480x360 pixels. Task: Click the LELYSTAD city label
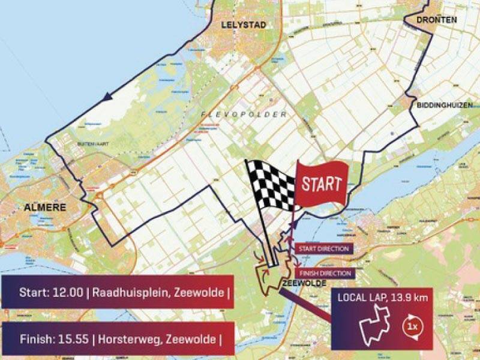(x=243, y=25)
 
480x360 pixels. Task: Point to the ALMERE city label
(x=43, y=208)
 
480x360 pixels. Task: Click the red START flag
(x=321, y=183)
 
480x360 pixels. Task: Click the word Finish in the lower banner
(x=23, y=338)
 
